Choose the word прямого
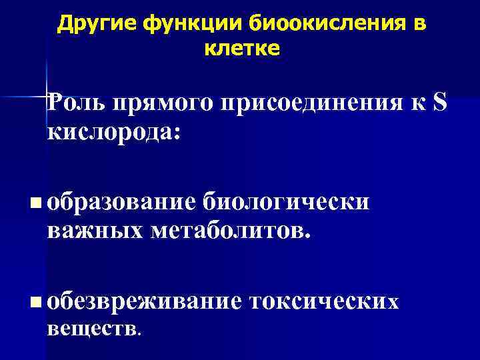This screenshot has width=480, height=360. point(157,105)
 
